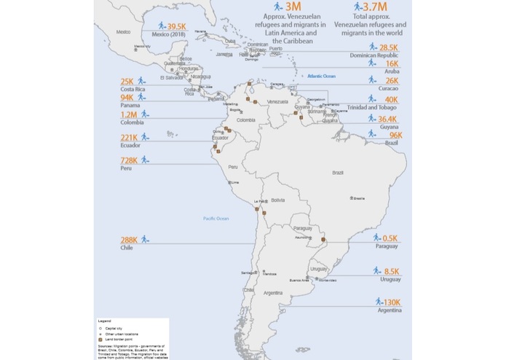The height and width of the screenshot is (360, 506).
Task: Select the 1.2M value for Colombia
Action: tap(129, 114)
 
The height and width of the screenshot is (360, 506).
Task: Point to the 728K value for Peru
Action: tap(128, 159)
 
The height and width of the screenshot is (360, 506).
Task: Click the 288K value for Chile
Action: tap(129, 239)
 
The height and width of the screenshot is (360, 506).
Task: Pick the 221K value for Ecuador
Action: tap(128, 137)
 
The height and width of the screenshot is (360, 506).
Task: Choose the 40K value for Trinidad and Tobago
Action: tap(391, 100)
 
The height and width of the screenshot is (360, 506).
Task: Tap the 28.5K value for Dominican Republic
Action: tap(388, 46)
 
